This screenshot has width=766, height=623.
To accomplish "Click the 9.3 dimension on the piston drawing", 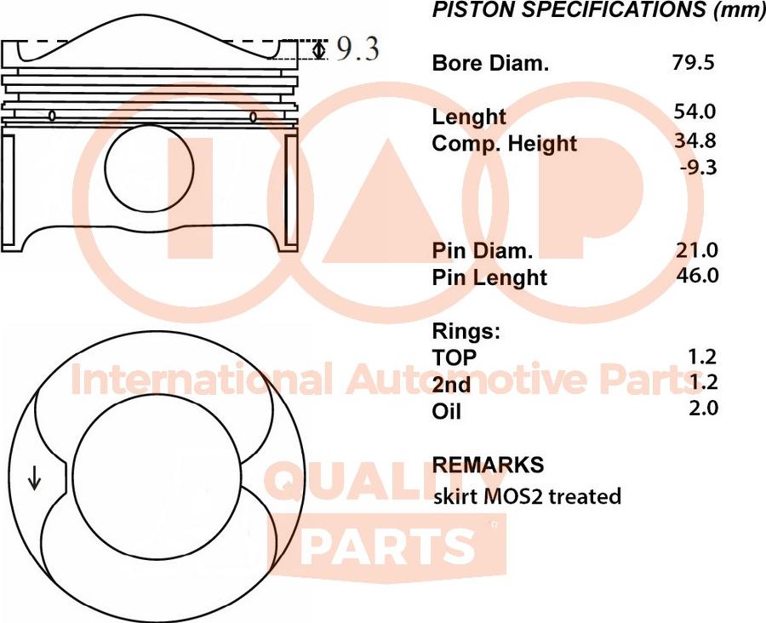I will pos(357,49).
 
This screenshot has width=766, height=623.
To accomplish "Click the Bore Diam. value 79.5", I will pos(693,62).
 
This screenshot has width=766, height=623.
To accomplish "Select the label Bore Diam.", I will pos(490,63).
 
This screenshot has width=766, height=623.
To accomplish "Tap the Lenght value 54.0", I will pos(695,111).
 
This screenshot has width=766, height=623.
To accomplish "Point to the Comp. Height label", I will pos(504,144).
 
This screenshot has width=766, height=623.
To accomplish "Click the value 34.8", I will pos(695,140).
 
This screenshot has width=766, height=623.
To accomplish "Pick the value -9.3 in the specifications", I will pos(699,167).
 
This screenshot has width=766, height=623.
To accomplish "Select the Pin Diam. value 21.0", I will pos(695,249).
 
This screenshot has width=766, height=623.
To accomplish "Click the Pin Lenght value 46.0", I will pos(695,276).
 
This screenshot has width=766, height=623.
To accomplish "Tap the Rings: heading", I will pos(466,330).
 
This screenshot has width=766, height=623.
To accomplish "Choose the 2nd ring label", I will pos(451,385).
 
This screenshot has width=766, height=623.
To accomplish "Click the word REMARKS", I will pos(488,465).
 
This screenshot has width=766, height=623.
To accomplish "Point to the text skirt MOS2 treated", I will pos(527,495).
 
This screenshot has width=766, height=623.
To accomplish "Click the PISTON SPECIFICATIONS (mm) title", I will pos(598,10).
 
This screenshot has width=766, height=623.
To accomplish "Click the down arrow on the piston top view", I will pos(35,479).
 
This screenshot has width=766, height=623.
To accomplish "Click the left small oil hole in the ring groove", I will pos(53,116).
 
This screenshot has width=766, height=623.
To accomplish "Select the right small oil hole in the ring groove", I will pos(253,117).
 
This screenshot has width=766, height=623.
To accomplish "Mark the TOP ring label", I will pos(454,357).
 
